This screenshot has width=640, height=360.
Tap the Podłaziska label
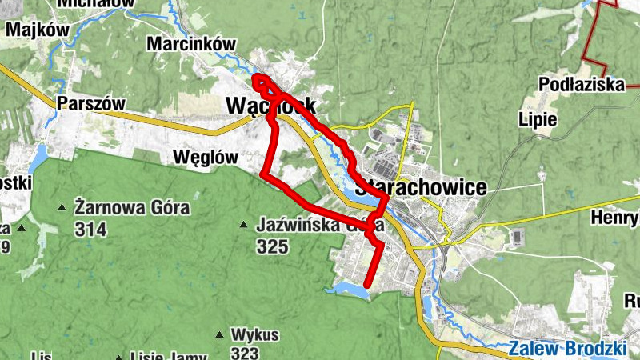(582, 84)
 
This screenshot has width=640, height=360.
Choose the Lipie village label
(538, 118)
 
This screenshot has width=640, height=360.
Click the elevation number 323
(243, 352)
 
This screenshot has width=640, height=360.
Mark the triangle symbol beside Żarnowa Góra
(62, 209)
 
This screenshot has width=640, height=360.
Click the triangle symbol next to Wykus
(218, 334)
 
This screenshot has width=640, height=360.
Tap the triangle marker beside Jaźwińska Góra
(244, 225)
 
